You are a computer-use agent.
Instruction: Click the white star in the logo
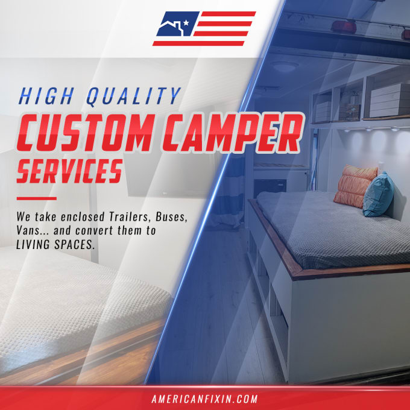(x=186, y=23)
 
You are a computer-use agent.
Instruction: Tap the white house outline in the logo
(x=171, y=27)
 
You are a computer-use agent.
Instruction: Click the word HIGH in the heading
(x=46, y=96)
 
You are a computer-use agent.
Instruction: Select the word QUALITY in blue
(x=134, y=96)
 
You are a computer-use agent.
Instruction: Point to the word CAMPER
(x=233, y=133)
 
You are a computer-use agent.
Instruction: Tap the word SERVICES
(x=70, y=171)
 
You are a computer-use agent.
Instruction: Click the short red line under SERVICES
(x=37, y=198)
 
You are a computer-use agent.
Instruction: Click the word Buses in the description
(x=171, y=217)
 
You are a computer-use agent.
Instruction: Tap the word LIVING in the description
(x=33, y=244)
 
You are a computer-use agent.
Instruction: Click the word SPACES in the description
(x=74, y=244)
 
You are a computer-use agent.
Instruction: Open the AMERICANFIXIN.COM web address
(x=205, y=399)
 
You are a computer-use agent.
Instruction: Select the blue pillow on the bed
(x=378, y=195)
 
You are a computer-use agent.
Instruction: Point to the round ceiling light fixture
(x=285, y=67)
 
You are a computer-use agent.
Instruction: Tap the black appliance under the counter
(x=270, y=188)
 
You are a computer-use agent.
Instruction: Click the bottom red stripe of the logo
(x=198, y=43)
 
